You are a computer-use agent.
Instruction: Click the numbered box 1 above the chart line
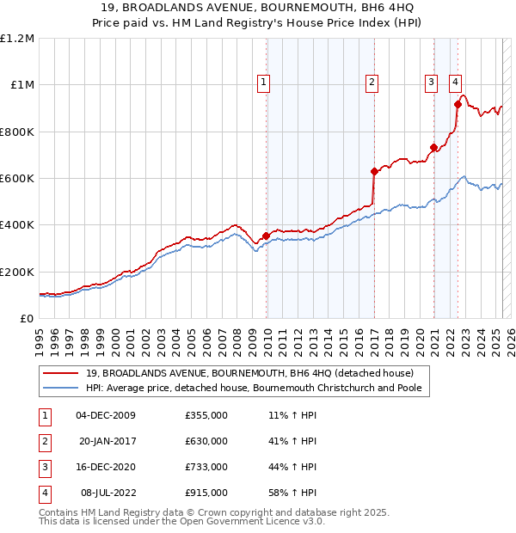click(x=262, y=83)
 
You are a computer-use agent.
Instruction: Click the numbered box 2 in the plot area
click(x=372, y=83)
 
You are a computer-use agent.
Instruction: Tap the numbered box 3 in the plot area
click(x=430, y=83)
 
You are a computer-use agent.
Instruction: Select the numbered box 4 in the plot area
click(x=453, y=83)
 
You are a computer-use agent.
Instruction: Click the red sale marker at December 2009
click(x=267, y=236)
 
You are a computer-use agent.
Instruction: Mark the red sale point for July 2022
click(x=458, y=105)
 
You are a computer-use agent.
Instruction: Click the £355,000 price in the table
click(x=206, y=415)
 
